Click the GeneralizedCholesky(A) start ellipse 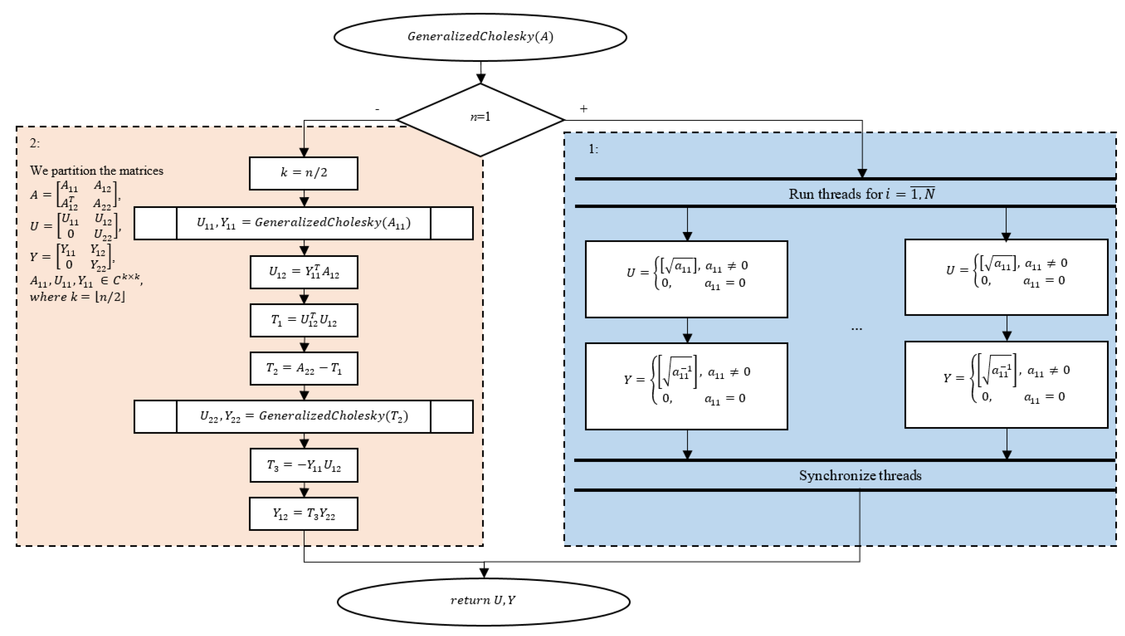tap(480, 37)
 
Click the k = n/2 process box tap(304, 173)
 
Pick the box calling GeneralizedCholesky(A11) tap(304, 223)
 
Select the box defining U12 tap(304, 272)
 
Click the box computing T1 tap(304, 320)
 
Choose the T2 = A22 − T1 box tap(304, 368)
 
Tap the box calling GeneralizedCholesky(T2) tap(304, 416)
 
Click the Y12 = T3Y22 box tap(304, 514)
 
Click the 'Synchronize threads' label tap(860, 475)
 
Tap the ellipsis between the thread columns tap(856, 328)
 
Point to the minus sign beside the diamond tap(377, 109)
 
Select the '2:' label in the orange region tap(34, 143)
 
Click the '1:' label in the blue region tap(593, 149)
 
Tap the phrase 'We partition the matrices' tap(96, 170)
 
